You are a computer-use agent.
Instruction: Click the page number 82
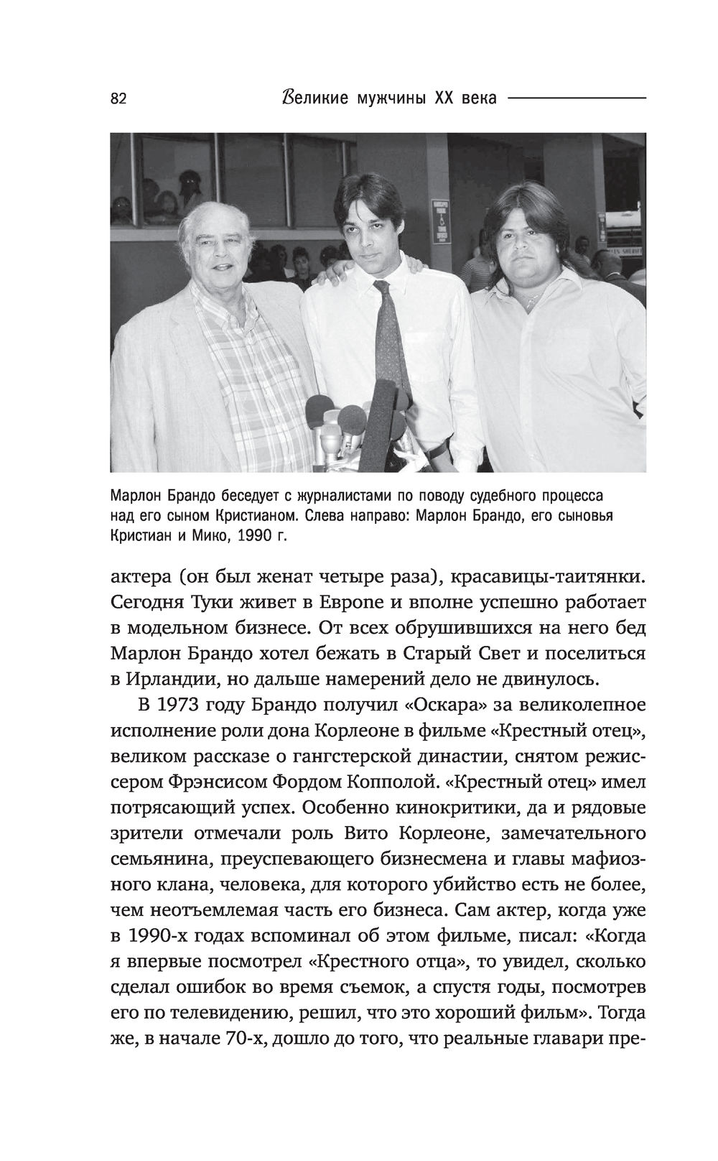click(118, 99)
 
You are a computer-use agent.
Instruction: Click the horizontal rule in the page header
click(576, 98)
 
